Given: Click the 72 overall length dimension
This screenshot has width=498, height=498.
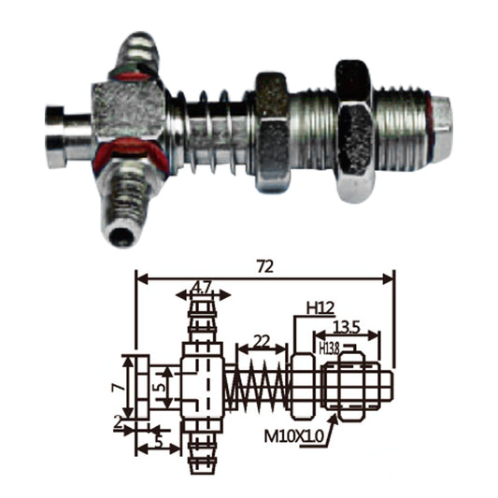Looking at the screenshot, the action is click(265, 267).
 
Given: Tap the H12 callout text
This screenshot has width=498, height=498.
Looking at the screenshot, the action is click(320, 308).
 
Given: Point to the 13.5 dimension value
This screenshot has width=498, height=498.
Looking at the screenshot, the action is click(347, 327).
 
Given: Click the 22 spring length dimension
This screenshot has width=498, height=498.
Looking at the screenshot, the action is click(262, 342).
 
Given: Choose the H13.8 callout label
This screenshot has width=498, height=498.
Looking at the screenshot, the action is click(330, 349).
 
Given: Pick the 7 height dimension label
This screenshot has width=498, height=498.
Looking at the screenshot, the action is click(118, 387).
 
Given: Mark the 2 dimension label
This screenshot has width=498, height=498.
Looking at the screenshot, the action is click(119, 423).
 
